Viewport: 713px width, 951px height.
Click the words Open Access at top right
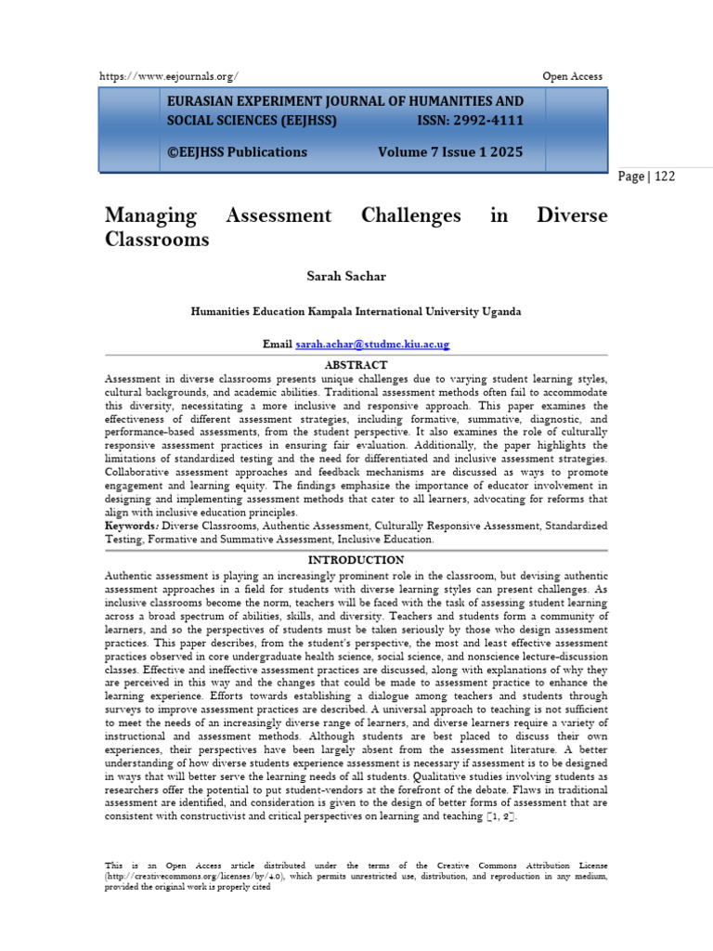tap(572, 76)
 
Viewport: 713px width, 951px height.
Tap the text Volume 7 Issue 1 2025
tap(450, 151)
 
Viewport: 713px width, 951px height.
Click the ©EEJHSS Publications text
tap(237, 151)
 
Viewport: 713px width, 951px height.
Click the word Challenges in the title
tap(409, 215)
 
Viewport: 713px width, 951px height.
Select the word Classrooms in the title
tap(157, 240)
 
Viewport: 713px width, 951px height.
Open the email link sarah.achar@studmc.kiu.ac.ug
tap(372, 344)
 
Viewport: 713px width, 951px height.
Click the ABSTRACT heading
tap(356, 365)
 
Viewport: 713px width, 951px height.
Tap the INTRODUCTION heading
tap(356, 560)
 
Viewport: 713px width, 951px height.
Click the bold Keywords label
tap(131, 526)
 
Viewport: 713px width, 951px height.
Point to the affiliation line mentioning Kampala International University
tap(356, 311)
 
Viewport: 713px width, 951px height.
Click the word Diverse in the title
tap(572, 215)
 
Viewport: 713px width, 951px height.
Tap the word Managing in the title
tap(150, 215)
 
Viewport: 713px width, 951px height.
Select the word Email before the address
tap(278, 344)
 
